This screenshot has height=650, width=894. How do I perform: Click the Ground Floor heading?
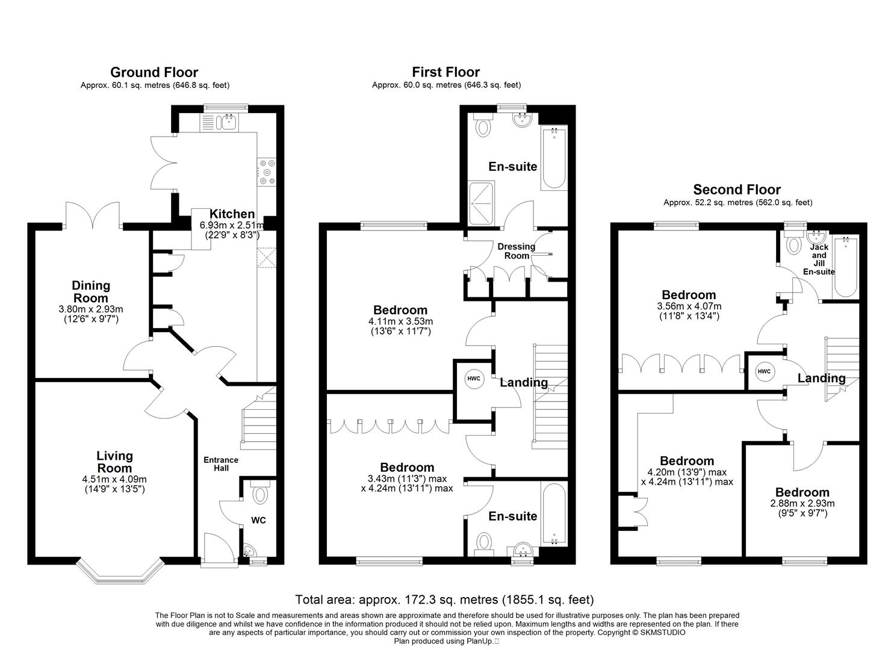[x=154, y=73]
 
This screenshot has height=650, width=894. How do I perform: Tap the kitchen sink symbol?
[x=229, y=122]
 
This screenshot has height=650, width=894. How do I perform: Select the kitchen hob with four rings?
[x=266, y=172]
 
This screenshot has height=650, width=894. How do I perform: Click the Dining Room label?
[x=91, y=291]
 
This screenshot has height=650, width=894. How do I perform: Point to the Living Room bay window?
[x=122, y=572]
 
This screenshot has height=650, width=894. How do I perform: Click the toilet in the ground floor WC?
[x=260, y=495]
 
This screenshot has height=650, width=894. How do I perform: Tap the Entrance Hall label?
[x=221, y=463]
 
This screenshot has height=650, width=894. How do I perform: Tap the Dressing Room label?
[x=516, y=250]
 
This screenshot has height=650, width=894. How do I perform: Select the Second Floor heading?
[x=736, y=190]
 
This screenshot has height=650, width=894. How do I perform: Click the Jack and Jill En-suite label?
[x=819, y=259]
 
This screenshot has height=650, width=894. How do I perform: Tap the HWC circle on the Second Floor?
[x=764, y=371]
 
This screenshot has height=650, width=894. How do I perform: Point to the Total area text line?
[x=444, y=599]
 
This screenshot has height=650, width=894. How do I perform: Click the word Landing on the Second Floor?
[x=821, y=378]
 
